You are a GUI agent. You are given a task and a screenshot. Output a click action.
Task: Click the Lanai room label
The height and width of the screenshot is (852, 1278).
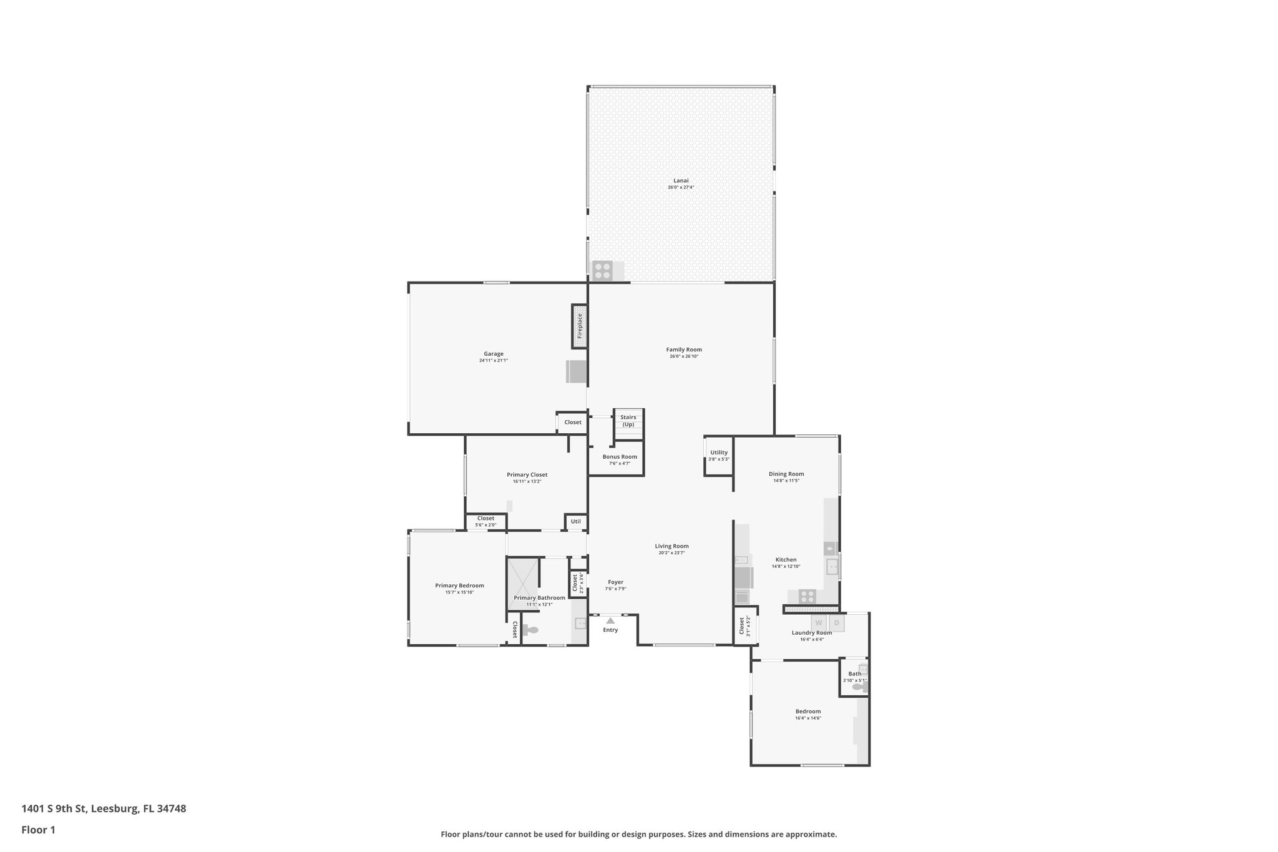coord(680,181)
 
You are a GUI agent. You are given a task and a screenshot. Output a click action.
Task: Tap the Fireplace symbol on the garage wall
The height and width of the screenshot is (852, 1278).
coord(580,326)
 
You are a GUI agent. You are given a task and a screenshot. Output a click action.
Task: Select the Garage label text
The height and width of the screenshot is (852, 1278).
coord(493,354)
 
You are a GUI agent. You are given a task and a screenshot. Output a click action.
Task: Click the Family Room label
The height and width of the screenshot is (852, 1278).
coord(684,350)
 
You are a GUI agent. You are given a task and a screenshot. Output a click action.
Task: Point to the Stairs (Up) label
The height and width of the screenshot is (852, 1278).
coord(628,421)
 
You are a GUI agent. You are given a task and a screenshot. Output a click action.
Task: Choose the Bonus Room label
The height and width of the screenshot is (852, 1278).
coord(620,457)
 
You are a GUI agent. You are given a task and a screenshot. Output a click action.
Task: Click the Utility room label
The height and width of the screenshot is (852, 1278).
coord(719,453)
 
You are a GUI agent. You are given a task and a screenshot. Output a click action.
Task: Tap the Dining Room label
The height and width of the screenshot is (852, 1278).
coord(786,474)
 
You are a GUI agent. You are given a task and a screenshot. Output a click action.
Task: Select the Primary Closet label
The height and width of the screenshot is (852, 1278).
coord(527,475)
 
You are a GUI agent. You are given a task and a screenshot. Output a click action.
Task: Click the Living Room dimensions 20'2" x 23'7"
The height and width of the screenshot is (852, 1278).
coord(671,553)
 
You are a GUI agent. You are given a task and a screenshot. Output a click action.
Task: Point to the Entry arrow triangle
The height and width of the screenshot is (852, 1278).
coord(610,620)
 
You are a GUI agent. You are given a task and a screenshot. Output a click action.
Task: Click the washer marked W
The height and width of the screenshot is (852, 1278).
coord(819,623)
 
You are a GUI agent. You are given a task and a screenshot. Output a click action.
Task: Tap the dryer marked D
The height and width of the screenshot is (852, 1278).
coord(837,623)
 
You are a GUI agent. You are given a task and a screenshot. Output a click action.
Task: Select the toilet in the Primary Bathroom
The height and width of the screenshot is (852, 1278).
coord(531,630)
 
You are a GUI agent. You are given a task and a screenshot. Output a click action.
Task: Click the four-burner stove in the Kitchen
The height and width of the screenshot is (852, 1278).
coord(807,596)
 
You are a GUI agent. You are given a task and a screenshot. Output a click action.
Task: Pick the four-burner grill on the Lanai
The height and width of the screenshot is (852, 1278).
coord(602,270)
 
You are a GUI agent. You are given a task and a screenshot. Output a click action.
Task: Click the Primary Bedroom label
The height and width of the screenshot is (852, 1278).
coord(459,585)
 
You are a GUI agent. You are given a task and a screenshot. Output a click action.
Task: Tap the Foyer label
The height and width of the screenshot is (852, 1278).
coord(615,582)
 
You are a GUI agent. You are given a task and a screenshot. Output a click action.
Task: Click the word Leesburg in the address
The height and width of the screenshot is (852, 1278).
coord(115,809)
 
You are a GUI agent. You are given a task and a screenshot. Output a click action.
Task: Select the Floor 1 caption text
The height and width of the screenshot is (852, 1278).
coord(39,830)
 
